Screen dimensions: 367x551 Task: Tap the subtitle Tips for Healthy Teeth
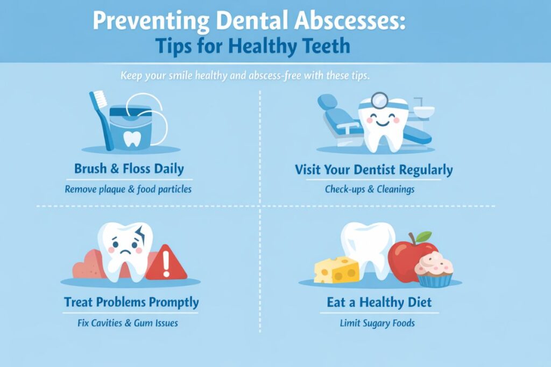[252, 47]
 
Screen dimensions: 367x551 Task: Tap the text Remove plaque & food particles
[128, 189]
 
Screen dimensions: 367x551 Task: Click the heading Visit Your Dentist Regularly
[373, 170]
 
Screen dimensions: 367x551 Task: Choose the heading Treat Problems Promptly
[131, 302]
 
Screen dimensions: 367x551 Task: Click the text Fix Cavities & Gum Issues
[128, 323]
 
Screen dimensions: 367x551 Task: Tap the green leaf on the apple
[424, 236]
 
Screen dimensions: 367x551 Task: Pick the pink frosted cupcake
[434, 271]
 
